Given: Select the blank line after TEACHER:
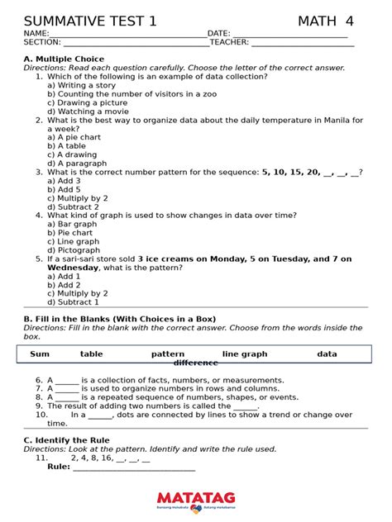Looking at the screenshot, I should (302, 43).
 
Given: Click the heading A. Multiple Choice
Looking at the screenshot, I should (64, 59).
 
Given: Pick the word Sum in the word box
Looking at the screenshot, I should (40, 354).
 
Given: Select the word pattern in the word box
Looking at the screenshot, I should (168, 354).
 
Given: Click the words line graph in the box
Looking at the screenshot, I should (245, 354).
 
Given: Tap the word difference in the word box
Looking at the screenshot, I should (196, 363).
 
